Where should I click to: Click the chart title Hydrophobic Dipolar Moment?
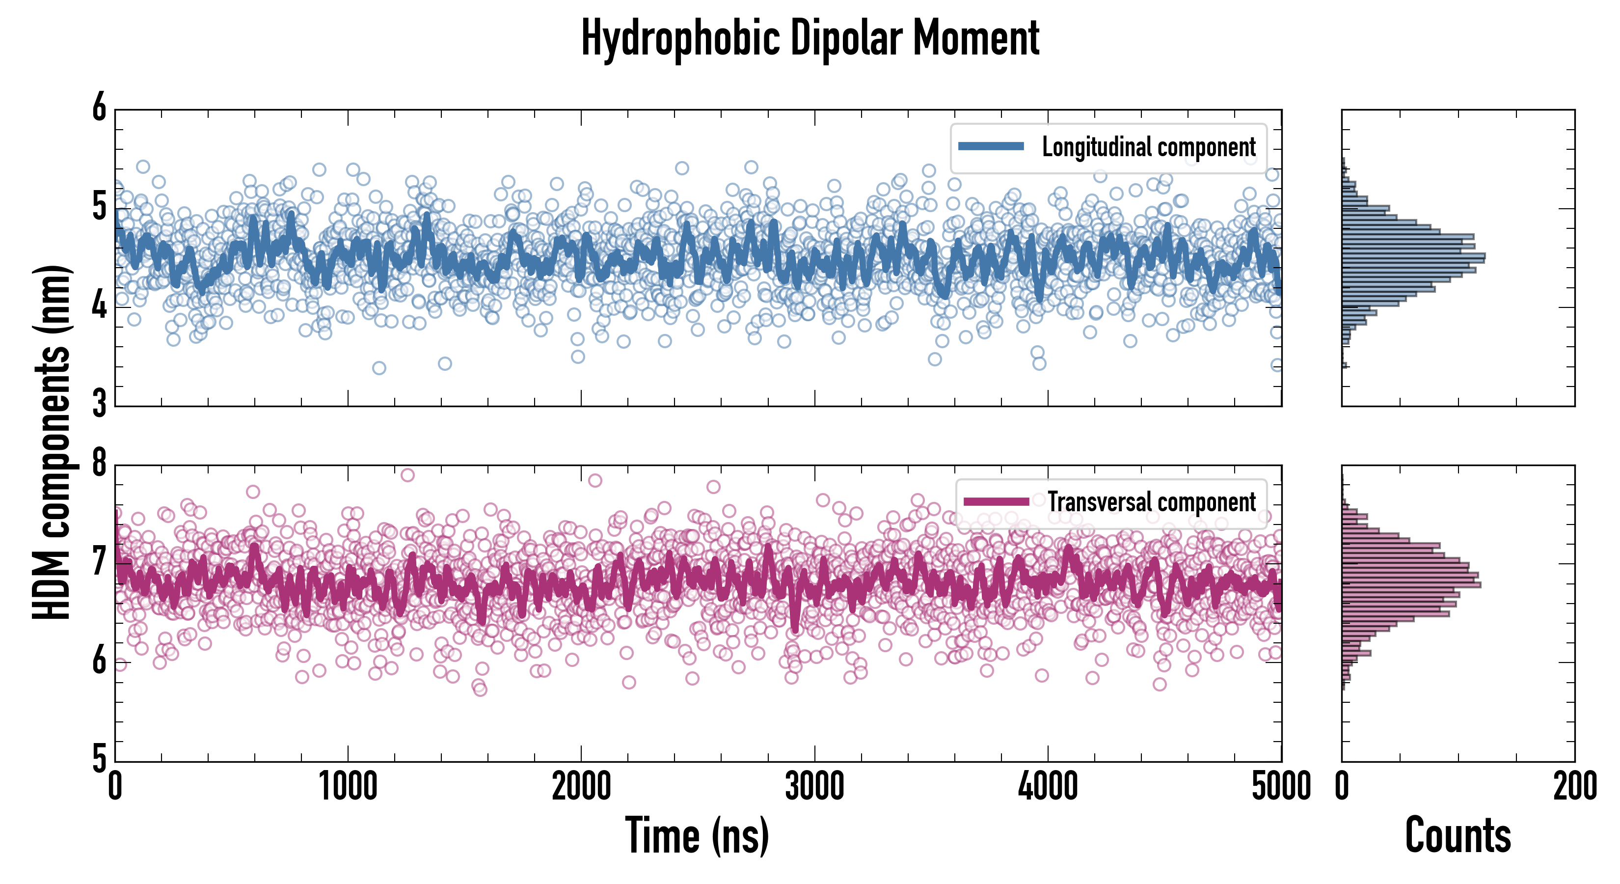point(810,38)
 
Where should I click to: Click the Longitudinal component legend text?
point(1148,147)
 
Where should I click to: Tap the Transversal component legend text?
point(1152,502)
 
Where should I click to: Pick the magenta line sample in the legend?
point(996,501)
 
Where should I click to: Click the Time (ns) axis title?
point(697,835)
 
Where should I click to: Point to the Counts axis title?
point(1458,835)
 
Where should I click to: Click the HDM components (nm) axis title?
point(52,442)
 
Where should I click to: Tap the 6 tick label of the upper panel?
point(99,108)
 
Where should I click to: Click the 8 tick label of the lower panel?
point(99,464)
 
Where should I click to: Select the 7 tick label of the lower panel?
point(99,561)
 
